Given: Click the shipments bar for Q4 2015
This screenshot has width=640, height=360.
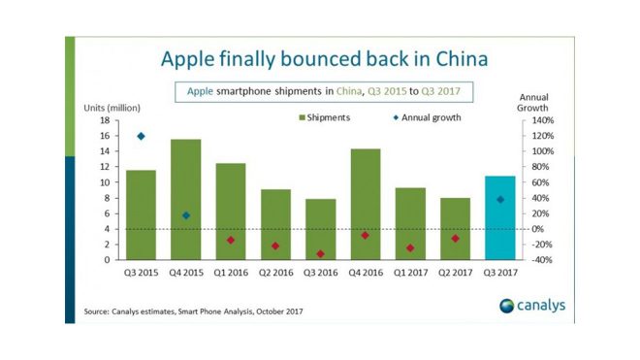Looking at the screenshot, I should click(185, 199).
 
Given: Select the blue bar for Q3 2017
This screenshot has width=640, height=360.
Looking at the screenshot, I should click(499, 217).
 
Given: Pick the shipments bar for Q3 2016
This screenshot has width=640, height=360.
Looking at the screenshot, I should click(320, 229).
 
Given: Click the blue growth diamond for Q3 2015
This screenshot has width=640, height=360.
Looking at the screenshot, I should click(142, 136).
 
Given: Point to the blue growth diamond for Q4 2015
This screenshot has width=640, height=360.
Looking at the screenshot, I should click(186, 215).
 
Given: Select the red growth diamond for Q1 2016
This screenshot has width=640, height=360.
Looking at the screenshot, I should click(231, 240).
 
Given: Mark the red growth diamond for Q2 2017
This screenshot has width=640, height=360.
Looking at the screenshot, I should click(455, 238).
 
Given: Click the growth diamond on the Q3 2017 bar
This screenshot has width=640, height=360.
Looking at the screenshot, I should click(499, 199).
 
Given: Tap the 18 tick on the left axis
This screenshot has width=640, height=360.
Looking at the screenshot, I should click(103, 120).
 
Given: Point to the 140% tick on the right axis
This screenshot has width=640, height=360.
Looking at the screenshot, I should click(540, 120).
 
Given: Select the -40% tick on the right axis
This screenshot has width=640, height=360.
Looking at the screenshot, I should click(540, 260).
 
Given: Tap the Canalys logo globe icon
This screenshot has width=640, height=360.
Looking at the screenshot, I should click(508, 306).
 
